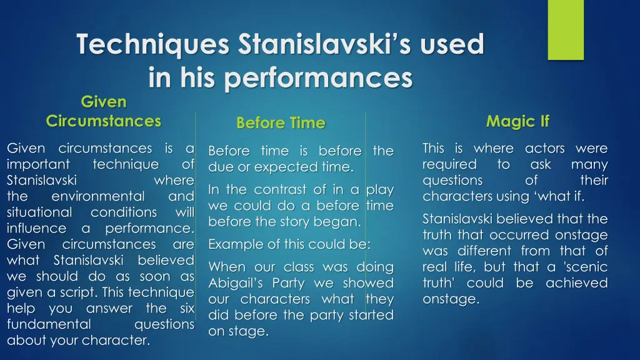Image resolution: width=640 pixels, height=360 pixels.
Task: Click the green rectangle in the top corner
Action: (565, 29)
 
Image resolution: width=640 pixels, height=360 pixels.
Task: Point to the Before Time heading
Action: (281, 123)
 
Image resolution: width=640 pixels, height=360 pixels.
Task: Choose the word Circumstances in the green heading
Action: (103, 121)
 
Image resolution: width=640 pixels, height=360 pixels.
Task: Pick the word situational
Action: (39, 212)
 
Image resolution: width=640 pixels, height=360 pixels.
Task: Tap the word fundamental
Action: (49, 324)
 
